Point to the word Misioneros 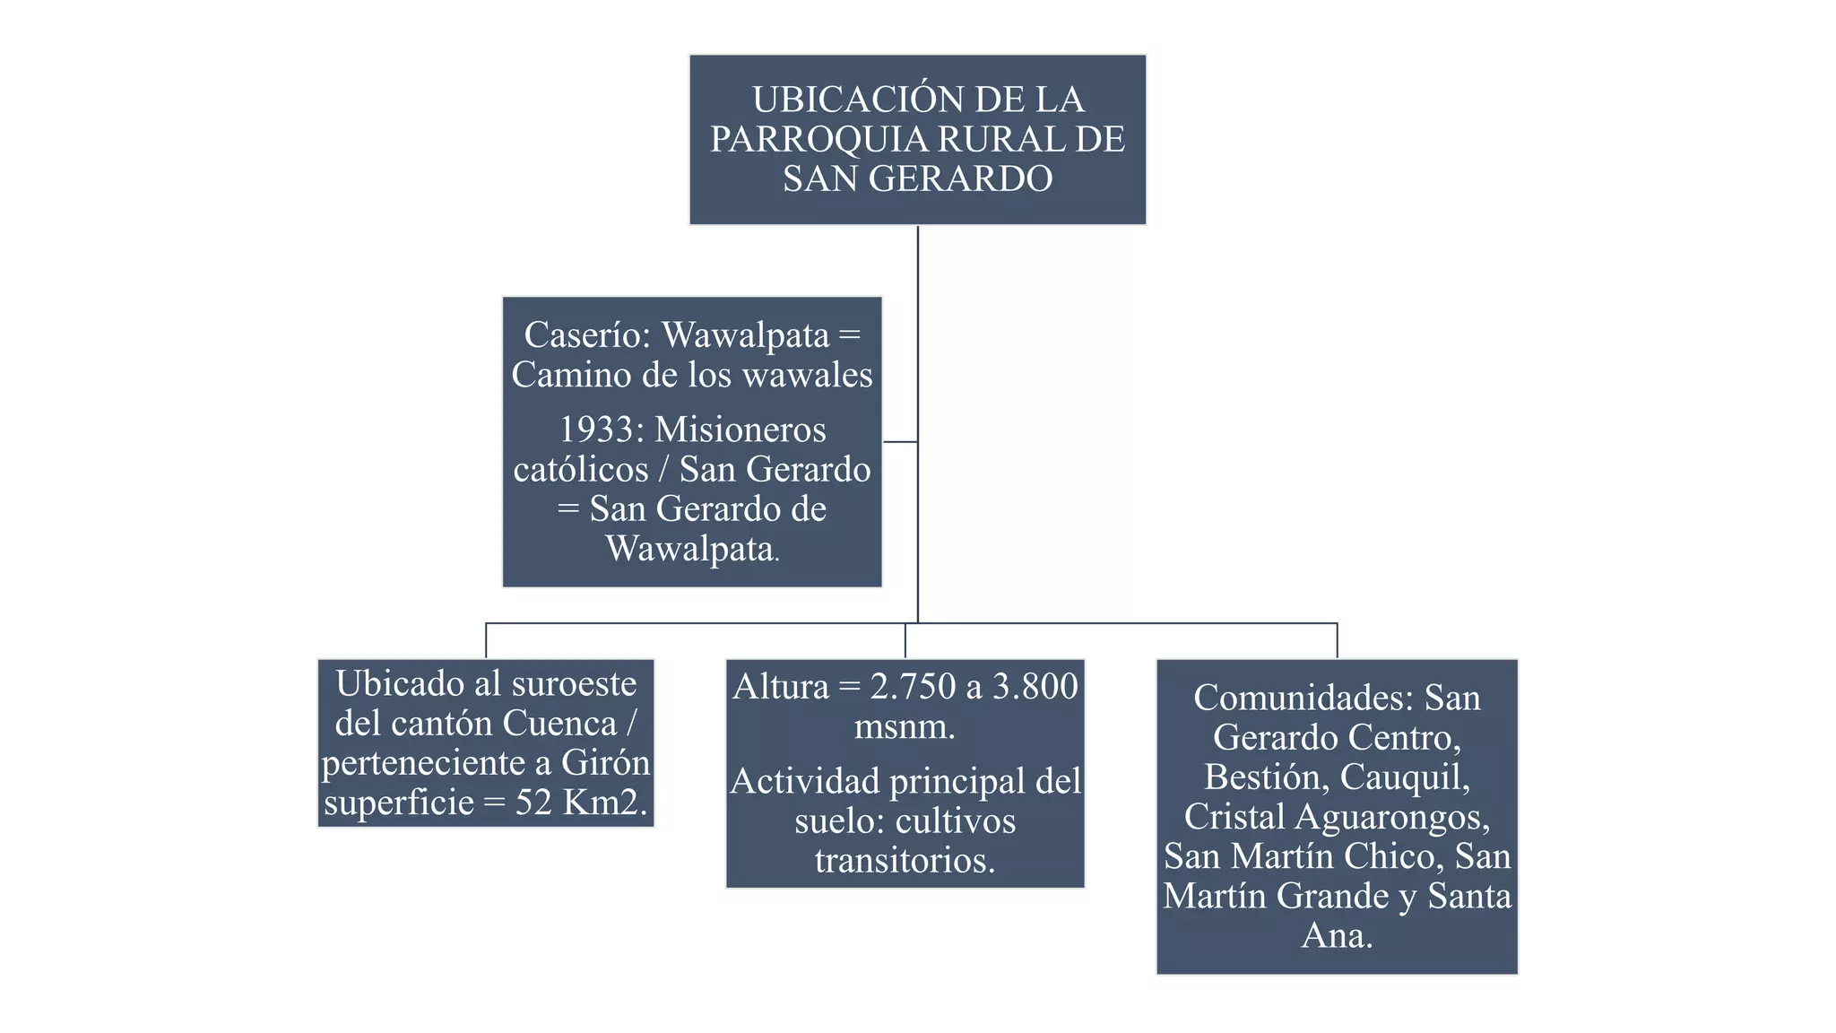click(x=740, y=430)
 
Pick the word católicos click(x=580, y=469)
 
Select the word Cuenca click(x=559, y=723)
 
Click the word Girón click(x=605, y=762)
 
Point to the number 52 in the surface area click(x=533, y=802)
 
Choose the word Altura click(x=781, y=687)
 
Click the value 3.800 click(x=1035, y=687)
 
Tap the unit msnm click(x=905, y=726)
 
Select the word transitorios click(x=905, y=860)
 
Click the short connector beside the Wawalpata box click(x=900, y=442)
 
